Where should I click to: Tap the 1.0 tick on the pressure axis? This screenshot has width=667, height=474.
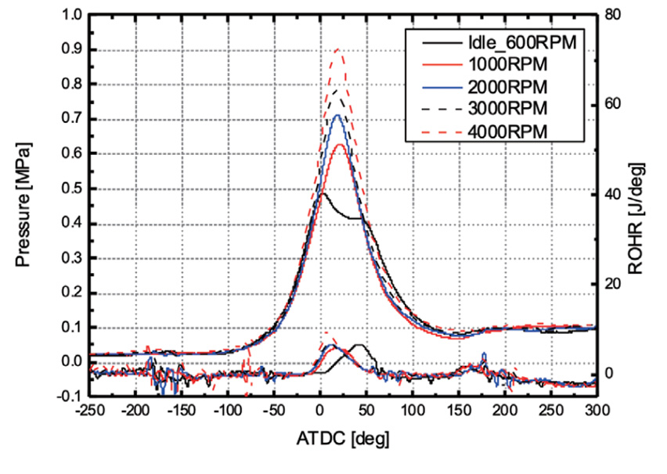70,15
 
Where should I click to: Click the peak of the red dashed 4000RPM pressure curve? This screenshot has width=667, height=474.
337,48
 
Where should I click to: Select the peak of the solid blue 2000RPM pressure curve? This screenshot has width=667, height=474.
337,115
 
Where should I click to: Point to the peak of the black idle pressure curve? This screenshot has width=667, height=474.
323,193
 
